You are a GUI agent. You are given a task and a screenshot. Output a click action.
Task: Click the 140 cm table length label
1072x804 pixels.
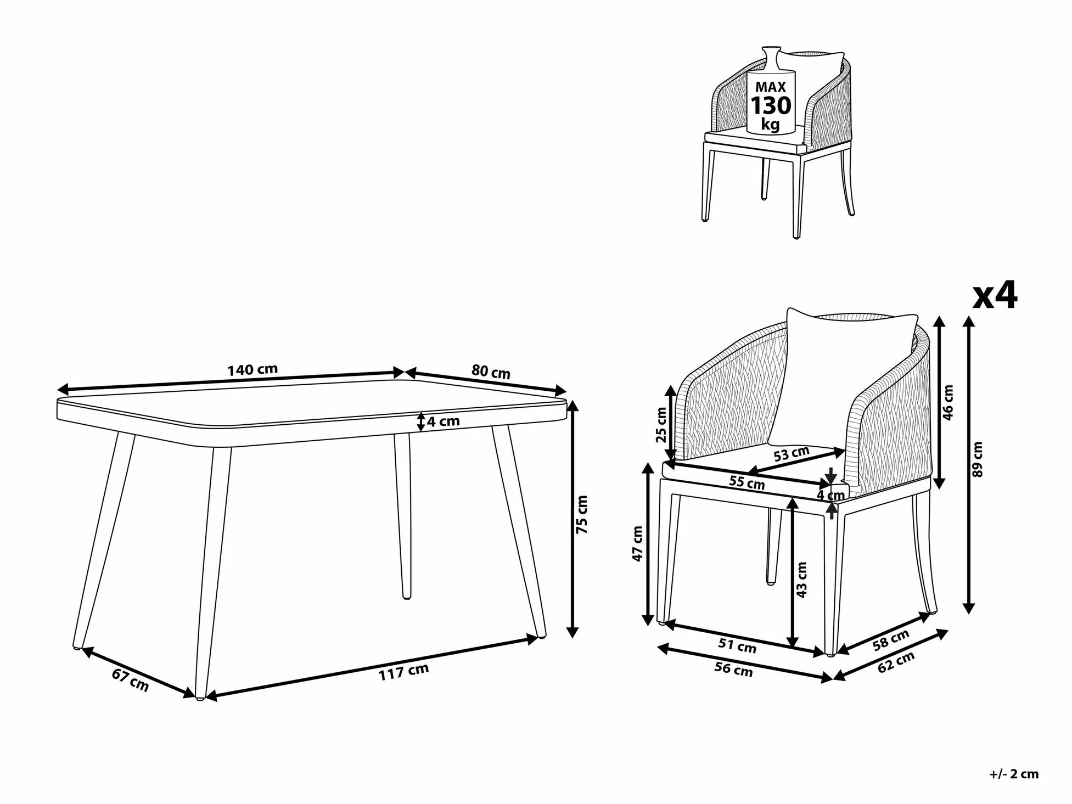coord(252,369)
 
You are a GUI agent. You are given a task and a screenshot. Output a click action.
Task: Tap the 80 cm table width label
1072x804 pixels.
coord(491,372)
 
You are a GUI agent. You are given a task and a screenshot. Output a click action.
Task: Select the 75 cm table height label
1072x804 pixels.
coord(582,514)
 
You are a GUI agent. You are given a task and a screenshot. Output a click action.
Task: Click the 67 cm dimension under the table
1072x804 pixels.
coord(130,680)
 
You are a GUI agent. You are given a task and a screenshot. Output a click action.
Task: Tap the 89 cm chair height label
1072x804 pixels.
coord(977,459)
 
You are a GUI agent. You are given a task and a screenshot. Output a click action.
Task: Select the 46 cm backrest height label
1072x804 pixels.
coord(947,401)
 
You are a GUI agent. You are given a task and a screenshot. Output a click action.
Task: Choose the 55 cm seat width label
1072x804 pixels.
coord(747,482)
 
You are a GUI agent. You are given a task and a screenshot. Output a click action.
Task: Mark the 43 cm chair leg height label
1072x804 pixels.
coord(802,580)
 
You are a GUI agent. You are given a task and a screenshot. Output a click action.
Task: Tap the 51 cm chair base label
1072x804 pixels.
coord(737,646)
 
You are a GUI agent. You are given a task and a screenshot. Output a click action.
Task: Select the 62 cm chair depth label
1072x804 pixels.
coord(896,662)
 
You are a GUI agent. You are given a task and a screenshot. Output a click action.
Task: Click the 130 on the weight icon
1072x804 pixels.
coord(771,105)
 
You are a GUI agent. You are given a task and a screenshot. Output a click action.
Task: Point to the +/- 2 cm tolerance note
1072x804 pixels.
coord(1014,774)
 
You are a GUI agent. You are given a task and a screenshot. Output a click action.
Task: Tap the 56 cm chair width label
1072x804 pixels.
coord(733,669)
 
